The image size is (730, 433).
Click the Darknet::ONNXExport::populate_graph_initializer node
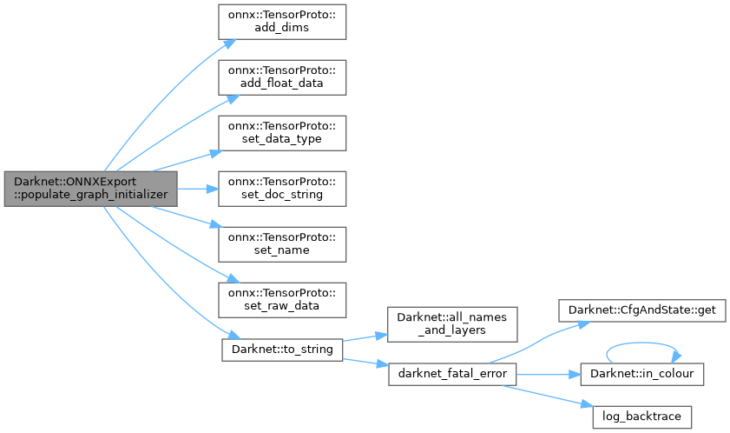(x=90, y=189)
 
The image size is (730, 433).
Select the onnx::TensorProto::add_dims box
(x=281, y=21)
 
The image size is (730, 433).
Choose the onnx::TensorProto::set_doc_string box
(x=281, y=189)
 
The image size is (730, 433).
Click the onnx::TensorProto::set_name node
(x=281, y=243)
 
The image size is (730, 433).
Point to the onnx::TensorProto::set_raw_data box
(x=281, y=298)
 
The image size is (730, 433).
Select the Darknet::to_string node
(x=281, y=350)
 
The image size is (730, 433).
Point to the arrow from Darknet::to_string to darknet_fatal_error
(x=365, y=362)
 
